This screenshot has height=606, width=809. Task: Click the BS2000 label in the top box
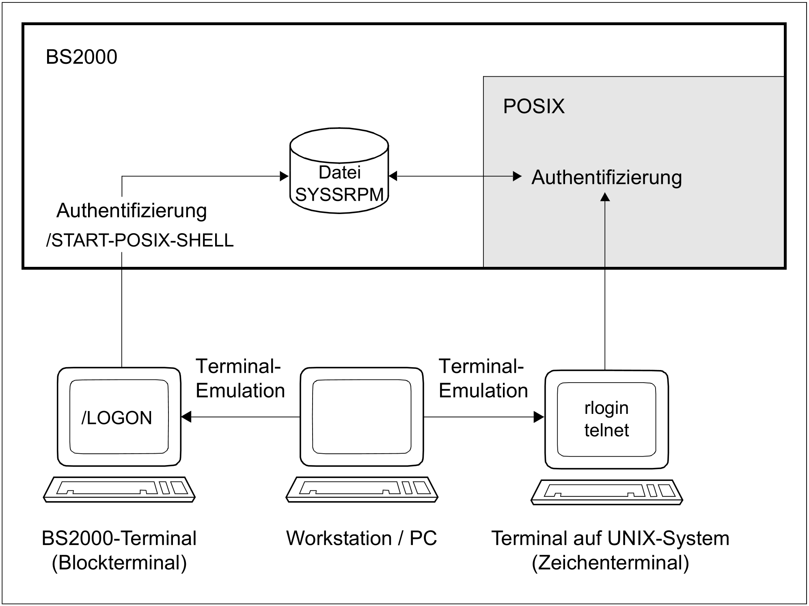[x=81, y=57]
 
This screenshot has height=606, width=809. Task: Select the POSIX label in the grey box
[x=533, y=106]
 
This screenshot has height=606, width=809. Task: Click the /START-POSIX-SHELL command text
[x=140, y=240]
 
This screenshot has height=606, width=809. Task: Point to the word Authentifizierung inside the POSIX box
[x=606, y=177]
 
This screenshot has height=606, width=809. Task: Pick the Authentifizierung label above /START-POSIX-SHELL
[x=132, y=211]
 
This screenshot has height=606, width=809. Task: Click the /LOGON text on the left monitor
[x=117, y=418]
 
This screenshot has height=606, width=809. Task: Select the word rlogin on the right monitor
[x=606, y=408]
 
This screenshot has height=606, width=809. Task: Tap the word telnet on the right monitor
[x=606, y=431]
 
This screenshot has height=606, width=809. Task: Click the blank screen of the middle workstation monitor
[x=362, y=417]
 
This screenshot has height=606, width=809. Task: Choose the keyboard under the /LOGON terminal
[x=119, y=489]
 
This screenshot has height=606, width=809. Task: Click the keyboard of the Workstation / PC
[x=362, y=489]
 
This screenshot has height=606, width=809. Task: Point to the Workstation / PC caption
[x=361, y=539]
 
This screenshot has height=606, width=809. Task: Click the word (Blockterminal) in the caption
[x=119, y=563]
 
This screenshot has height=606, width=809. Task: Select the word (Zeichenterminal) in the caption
[x=610, y=563]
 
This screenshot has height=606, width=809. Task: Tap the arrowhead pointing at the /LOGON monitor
[x=186, y=417]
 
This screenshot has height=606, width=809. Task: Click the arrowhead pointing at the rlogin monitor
[x=539, y=417]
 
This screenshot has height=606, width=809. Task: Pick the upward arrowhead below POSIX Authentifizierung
[x=605, y=197]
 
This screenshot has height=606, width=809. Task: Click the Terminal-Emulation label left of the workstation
[x=240, y=379]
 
